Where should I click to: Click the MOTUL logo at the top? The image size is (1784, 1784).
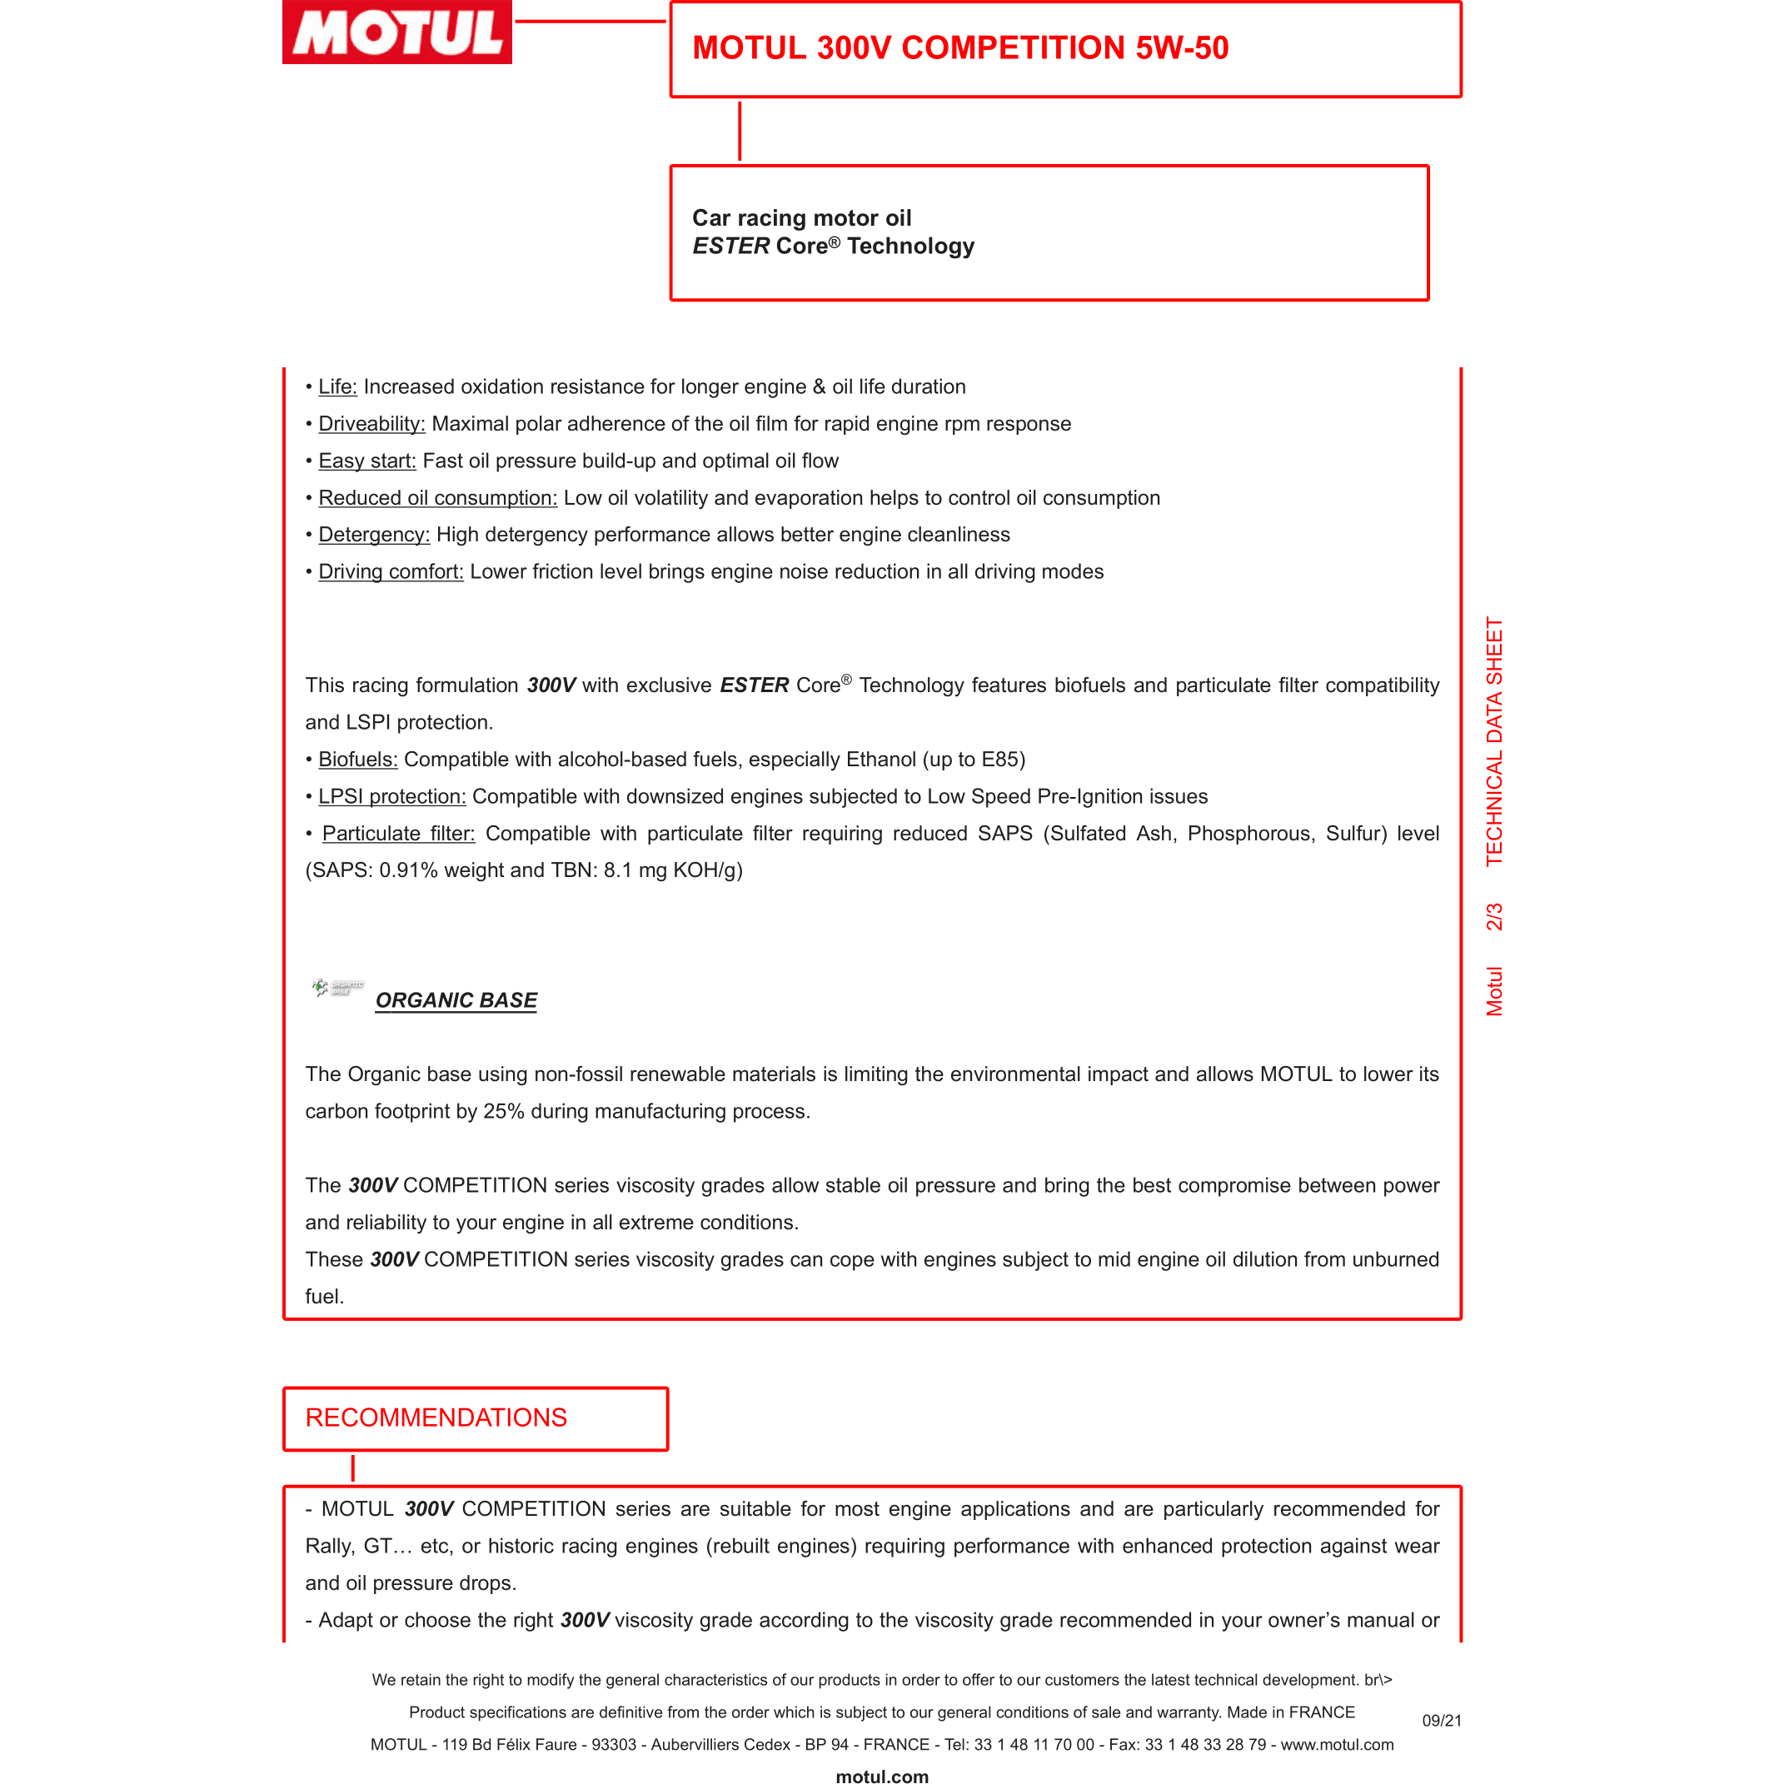tap(397, 32)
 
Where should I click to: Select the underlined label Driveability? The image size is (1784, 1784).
tap(371, 424)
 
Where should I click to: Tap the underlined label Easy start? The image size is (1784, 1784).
tap(366, 461)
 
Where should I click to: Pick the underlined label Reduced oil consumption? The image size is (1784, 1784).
tap(438, 498)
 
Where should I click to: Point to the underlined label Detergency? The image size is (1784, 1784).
tap(374, 535)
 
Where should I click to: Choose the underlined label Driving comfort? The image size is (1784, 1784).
tap(391, 571)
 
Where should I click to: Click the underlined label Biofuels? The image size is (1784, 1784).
tap(357, 759)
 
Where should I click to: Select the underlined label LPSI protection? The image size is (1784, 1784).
tap(391, 796)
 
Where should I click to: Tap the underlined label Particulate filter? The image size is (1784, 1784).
tap(398, 833)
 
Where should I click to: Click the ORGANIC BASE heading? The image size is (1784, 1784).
tap(456, 1000)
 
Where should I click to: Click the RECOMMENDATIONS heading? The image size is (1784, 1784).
tap(436, 1418)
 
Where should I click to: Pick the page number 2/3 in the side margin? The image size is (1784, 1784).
tap(1493, 916)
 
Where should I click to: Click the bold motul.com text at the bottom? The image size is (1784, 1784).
tap(882, 1775)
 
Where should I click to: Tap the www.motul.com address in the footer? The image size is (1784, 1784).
tap(1336, 1744)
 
